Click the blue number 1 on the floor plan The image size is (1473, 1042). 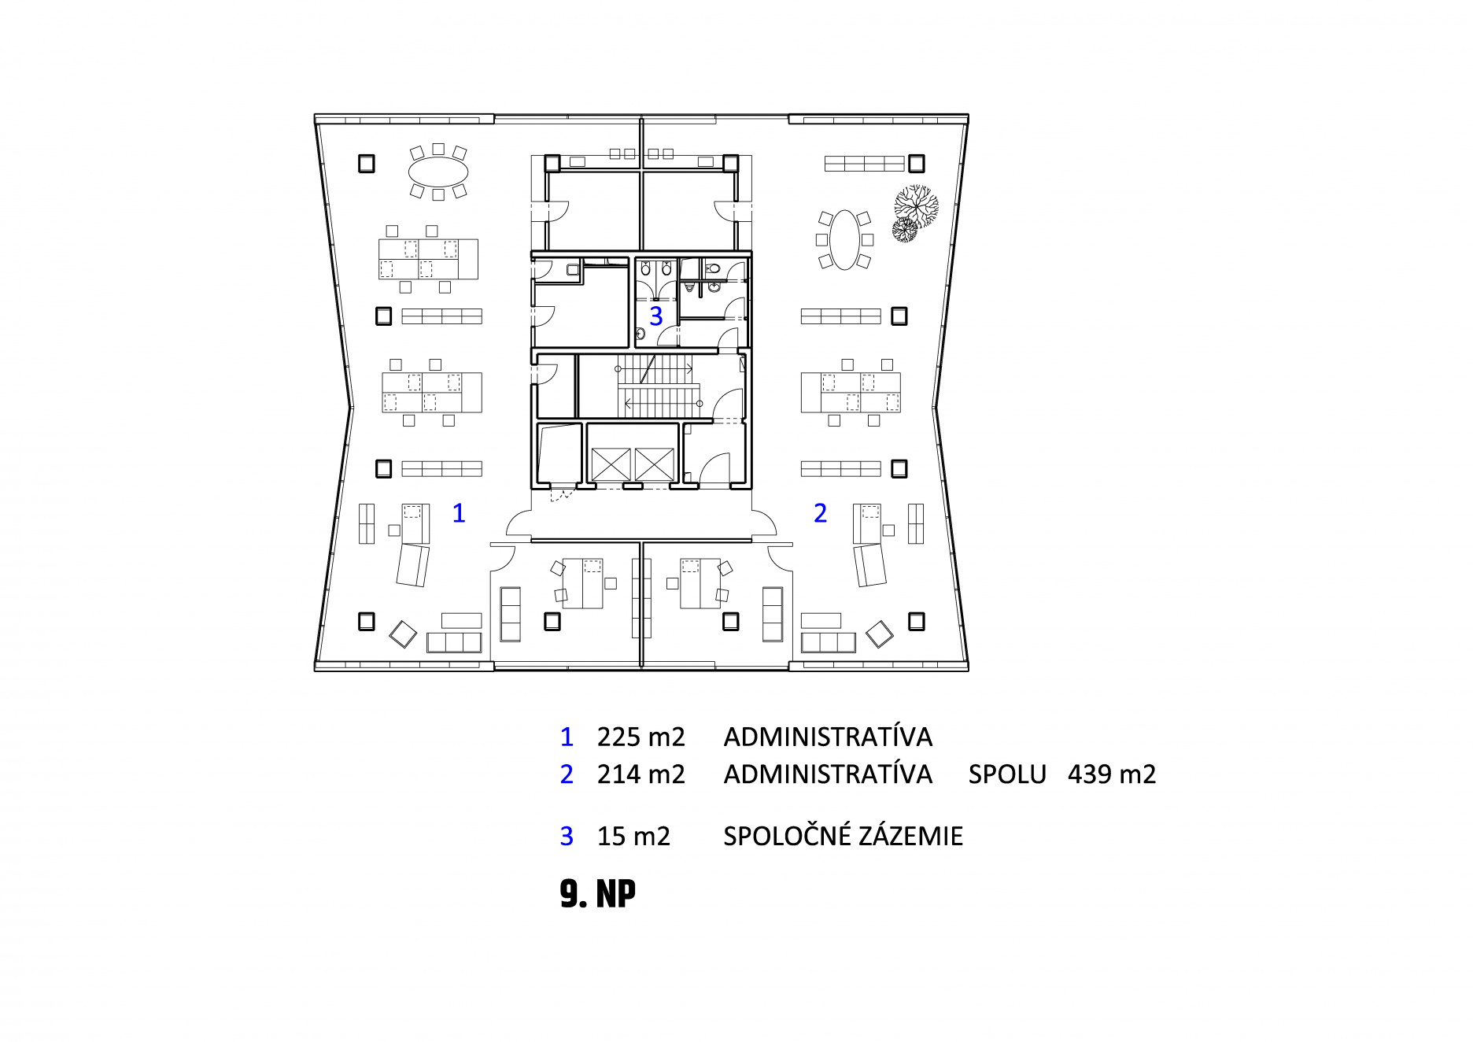[x=459, y=513]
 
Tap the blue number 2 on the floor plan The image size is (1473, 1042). [x=820, y=513]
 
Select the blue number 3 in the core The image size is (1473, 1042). [x=656, y=316]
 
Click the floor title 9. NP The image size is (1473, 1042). [x=598, y=894]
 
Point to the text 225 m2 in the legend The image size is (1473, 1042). [x=641, y=737]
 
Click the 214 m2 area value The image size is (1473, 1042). [x=641, y=774]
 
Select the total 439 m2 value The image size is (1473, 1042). [x=1112, y=774]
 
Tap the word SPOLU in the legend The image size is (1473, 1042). [x=1007, y=774]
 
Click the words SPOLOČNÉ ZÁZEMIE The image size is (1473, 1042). [x=843, y=835]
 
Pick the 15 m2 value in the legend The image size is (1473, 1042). [x=633, y=836]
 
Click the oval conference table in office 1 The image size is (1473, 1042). [x=438, y=172]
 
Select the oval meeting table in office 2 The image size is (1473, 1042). [x=844, y=239]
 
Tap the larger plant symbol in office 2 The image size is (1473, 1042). [x=917, y=206]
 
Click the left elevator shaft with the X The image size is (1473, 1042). [x=611, y=464]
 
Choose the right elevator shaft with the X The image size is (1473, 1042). [x=655, y=464]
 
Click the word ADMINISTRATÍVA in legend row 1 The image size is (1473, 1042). [x=828, y=737]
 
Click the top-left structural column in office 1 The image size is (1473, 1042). [x=367, y=163]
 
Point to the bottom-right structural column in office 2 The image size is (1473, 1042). [x=916, y=622]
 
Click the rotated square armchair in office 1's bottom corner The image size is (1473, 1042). [x=404, y=634]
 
